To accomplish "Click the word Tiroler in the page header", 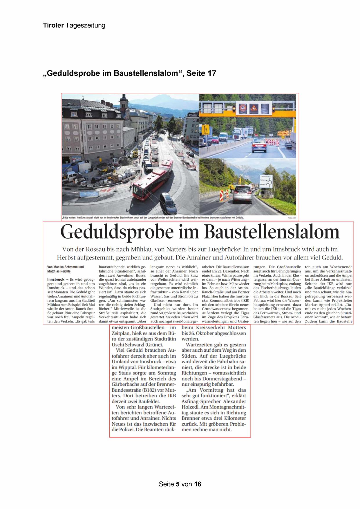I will point(53,26).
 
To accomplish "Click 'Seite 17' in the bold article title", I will point(201,73).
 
